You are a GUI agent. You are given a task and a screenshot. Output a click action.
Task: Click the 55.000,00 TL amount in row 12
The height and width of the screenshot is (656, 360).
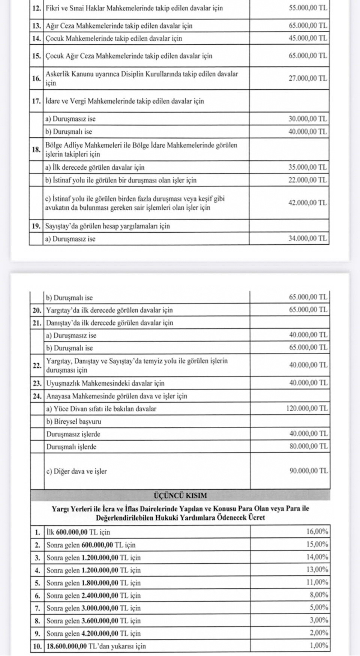coord(308,8)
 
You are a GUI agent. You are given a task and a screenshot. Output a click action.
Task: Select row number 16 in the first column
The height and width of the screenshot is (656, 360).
coord(36,78)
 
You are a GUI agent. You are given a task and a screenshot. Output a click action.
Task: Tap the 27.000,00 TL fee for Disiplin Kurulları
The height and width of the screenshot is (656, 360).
coord(308,78)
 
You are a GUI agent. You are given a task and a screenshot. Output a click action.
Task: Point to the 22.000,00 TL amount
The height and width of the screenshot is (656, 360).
coord(308,180)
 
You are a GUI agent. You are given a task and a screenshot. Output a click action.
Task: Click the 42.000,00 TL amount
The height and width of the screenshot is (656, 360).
coord(308,203)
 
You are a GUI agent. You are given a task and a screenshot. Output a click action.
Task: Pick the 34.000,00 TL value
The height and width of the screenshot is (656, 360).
coord(308,238)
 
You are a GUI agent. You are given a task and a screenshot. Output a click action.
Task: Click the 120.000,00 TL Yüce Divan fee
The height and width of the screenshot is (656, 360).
coord(307,408)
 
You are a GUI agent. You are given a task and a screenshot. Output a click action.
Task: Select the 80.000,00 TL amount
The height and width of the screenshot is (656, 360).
coord(308,446)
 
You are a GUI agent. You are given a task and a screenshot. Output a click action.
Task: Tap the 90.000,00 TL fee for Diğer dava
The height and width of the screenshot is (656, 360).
coord(308,471)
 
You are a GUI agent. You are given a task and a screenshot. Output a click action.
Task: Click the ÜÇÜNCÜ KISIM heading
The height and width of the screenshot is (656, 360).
coord(180,495)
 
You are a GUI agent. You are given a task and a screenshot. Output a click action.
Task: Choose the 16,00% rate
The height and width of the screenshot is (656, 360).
coord(317,531)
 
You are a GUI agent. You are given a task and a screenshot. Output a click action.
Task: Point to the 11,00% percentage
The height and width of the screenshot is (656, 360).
coord(317,582)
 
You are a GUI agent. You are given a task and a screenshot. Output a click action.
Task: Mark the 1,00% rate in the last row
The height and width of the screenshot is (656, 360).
coord(318,645)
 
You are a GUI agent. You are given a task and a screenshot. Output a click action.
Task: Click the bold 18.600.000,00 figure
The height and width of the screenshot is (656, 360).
coord(66,646)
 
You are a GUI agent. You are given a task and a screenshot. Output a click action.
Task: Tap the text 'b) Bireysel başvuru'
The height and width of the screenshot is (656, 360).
coord(73,421)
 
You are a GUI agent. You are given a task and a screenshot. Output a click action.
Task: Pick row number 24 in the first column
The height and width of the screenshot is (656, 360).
coord(37,396)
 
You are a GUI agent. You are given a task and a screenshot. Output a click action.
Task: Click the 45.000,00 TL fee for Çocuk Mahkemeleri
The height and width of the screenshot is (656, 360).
coord(308,38)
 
